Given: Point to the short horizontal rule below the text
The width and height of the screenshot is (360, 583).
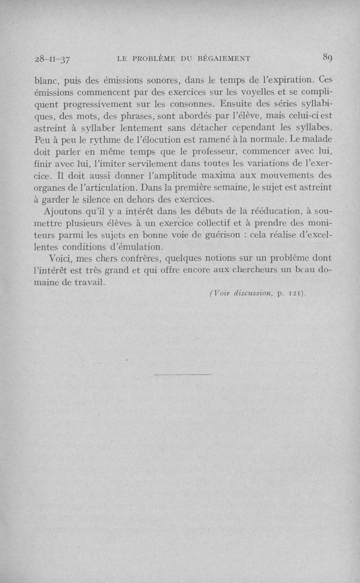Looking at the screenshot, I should point(182,374).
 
